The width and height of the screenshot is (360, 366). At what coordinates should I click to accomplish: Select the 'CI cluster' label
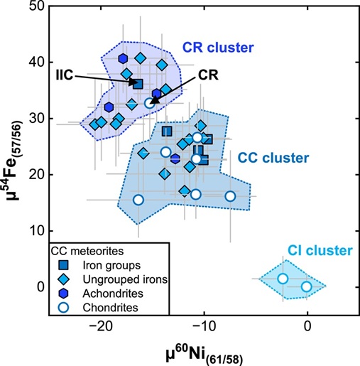tap(320, 250)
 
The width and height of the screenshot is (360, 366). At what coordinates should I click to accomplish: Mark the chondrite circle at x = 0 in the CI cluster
tap(306, 286)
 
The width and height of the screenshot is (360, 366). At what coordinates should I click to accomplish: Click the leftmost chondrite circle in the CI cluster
tap(283, 279)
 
